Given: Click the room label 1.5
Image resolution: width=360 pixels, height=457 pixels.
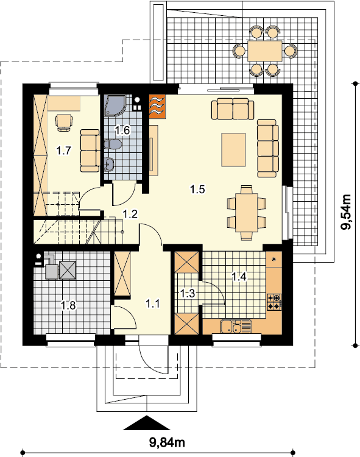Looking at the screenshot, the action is pyautogui.click(x=197, y=190).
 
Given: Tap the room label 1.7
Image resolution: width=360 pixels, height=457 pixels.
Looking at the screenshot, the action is pyautogui.click(x=63, y=151).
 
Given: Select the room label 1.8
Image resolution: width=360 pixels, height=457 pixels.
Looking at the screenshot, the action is pyautogui.click(x=68, y=305).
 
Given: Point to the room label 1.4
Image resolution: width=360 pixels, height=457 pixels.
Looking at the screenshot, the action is pyautogui.click(x=239, y=276).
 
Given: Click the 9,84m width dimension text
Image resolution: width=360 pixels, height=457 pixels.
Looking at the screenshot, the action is pyautogui.click(x=167, y=443).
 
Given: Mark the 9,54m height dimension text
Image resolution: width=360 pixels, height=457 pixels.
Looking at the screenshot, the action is pyautogui.click(x=347, y=212).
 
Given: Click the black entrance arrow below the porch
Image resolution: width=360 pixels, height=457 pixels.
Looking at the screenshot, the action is pyautogui.click(x=147, y=423).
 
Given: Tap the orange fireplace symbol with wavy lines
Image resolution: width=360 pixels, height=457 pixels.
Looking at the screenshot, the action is pyautogui.click(x=157, y=107).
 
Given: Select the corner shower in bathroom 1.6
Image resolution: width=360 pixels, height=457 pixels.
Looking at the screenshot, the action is pyautogui.click(x=115, y=105).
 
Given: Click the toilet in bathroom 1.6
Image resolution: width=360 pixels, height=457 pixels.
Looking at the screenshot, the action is pyautogui.click(x=113, y=144).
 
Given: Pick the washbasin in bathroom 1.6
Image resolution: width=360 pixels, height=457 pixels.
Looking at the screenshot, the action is pyautogui.click(x=109, y=165).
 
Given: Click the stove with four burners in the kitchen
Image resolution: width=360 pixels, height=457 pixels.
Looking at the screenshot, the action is pyautogui.click(x=274, y=302).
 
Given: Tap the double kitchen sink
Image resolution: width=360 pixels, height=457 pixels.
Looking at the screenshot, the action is pyautogui.click(x=236, y=327).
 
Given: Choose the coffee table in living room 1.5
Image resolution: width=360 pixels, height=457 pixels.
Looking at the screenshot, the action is pyautogui.click(x=233, y=149).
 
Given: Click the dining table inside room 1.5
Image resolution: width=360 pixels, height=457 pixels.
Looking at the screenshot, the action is pyautogui.click(x=247, y=212).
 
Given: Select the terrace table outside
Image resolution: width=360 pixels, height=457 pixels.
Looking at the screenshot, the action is pyautogui.click(x=265, y=51).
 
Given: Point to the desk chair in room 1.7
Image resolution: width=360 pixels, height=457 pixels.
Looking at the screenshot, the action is pyautogui.click(x=64, y=122).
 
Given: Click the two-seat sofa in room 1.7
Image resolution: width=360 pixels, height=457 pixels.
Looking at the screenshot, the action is pyautogui.click(x=90, y=151).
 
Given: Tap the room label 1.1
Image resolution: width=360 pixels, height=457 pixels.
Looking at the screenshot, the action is pyautogui.click(x=152, y=303).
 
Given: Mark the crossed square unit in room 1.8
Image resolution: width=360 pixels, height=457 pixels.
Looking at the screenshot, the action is pyautogui.click(x=68, y=270).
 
